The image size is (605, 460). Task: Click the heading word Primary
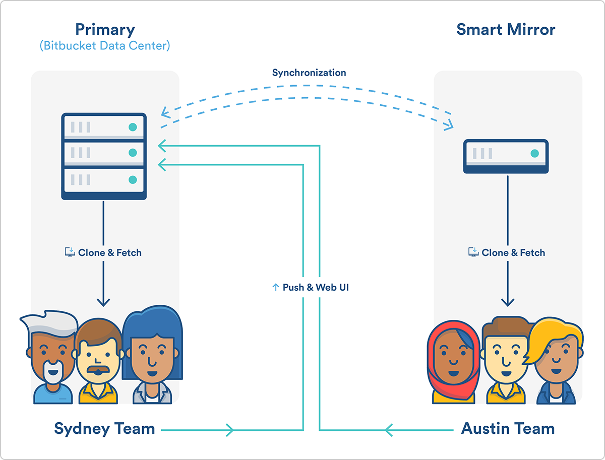click(105, 30)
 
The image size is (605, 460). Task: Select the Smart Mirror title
click(506, 29)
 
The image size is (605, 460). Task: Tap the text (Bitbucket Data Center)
click(105, 46)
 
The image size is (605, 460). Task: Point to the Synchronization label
click(309, 73)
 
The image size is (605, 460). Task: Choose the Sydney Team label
click(104, 429)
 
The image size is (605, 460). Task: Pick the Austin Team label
click(508, 429)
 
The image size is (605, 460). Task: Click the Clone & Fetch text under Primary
click(110, 252)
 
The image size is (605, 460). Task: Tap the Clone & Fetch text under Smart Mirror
click(513, 252)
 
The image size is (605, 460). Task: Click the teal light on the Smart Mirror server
click(535, 154)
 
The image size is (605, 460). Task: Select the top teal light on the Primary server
click(133, 127)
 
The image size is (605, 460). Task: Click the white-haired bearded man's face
click(52, 358)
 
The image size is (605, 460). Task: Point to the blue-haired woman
click(152, 355)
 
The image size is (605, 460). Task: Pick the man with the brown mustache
click(98, 361)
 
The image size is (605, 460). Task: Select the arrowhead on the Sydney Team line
click(230, 430)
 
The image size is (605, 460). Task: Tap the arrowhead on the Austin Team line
click(389, 430)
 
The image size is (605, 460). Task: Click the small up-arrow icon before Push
click(276, 287)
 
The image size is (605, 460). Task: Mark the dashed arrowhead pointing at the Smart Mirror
click(448, 125)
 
